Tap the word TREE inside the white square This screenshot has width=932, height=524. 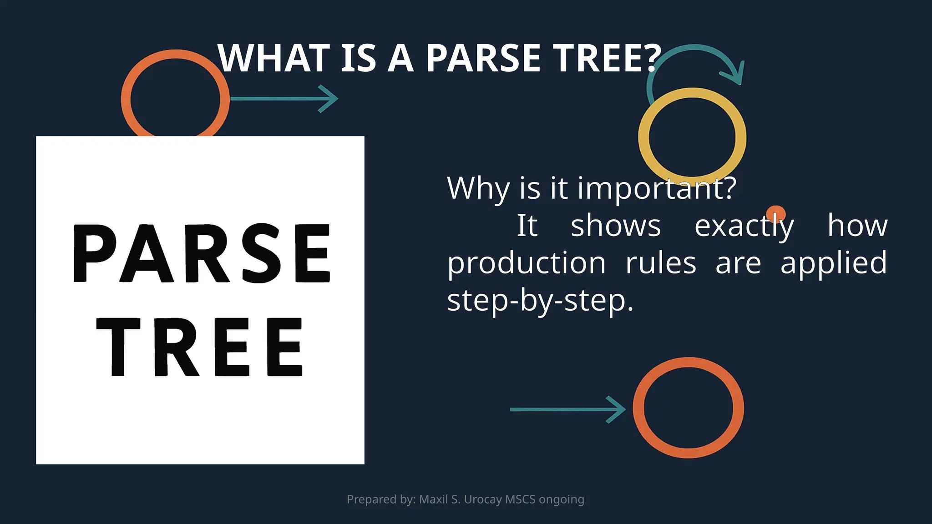pyautogui.click(x=200, y=347)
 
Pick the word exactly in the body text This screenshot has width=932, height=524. pyautogui.click(x=744, y=226)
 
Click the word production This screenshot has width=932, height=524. pyautogui.click(x=526, y=263)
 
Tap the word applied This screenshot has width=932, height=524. pyautogui.click(x=833, y=263)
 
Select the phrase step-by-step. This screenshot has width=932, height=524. pyautogui.click(x=540, y=301)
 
